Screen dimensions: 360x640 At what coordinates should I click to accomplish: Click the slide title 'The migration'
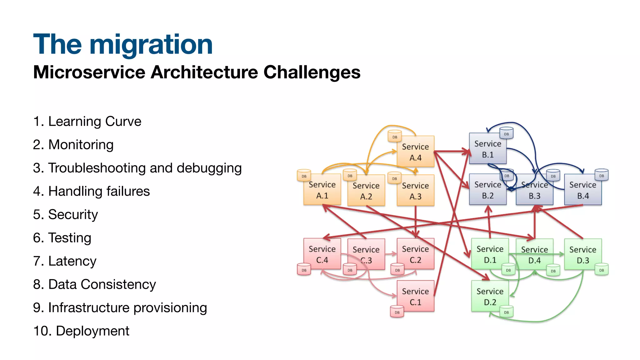point(123,45)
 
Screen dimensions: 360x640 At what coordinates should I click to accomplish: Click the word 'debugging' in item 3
point(209,168)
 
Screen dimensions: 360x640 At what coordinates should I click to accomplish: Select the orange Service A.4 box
point(415,152)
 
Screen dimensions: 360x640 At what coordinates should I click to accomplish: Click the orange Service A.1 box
point(322,190)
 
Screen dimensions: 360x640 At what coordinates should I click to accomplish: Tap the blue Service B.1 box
point(487,149)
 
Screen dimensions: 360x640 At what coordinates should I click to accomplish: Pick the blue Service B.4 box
point(583,190)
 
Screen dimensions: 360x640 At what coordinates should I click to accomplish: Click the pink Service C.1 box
point(415,296)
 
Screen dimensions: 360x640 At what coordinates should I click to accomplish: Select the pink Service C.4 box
point(322,254)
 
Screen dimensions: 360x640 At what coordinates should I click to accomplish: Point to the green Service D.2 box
point(490,296)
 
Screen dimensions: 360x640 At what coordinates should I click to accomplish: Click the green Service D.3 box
point(583,254)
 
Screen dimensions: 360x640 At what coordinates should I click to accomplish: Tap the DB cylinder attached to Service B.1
point(506,133)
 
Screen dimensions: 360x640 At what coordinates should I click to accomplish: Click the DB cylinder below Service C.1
point(397,312)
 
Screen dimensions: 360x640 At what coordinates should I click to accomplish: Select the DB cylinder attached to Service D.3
point(602,270)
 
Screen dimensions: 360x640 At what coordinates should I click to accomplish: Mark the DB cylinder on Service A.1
point(304,176)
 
